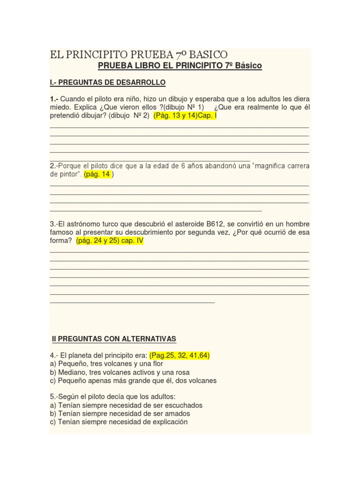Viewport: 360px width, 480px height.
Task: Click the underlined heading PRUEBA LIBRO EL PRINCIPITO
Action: coord(180,66)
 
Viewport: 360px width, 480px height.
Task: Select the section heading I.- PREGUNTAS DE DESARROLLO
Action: coord(107,82)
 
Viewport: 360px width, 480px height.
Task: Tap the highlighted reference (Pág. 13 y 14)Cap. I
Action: coord(185,116)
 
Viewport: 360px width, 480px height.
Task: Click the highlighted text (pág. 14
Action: coord(97,174)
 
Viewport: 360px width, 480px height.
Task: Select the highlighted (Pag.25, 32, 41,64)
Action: coord(180,355)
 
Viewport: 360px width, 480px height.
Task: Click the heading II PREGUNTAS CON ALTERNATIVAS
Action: coord(114,338)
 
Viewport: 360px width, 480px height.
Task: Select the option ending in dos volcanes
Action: coord(133,381)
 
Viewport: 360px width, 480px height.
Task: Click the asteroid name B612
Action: coord(215,224)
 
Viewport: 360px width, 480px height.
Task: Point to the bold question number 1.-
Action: coord(54,99)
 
